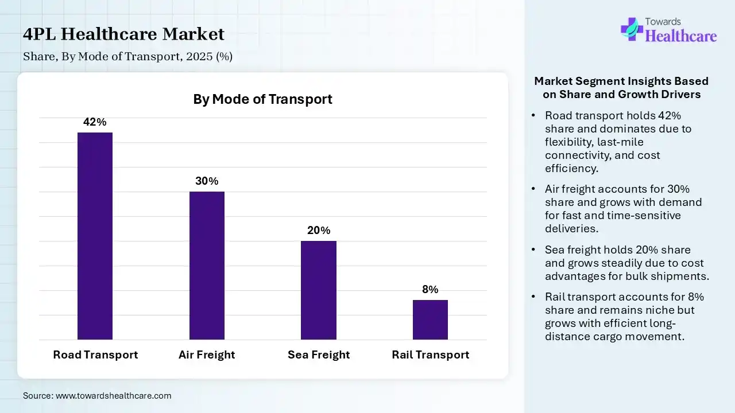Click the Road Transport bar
tap(95, 236)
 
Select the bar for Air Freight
tap(207, 265)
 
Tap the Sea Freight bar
tap(319, 290)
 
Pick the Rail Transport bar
tap(430, 320)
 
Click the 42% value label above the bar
tap(95, 122)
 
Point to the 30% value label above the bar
tap(207, 181)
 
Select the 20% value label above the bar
tap(319, 231)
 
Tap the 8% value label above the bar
tap(430, 290)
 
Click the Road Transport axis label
tap(95, 354)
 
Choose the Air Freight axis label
tap(207, 354)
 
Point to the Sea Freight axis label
tap(319, 354)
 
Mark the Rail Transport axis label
tap(430, 354)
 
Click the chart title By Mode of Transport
tap(262, 99)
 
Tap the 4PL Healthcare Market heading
tap(123, 34)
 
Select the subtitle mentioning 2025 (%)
tap(127, 57)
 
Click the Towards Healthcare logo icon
tap(632, 29)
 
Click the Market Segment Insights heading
tap(621, 88)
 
